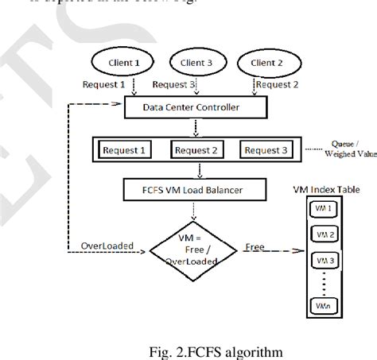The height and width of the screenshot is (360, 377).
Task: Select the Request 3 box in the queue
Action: coord(265,150)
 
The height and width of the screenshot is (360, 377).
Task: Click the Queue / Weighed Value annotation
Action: coord(350,150)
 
